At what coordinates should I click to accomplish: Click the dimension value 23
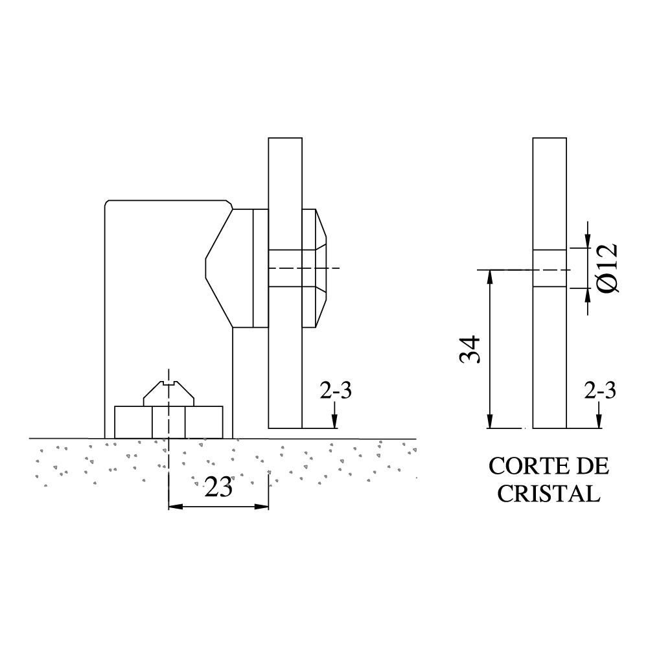218,488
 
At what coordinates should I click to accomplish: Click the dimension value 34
470,350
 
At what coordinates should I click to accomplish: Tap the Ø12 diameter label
608,268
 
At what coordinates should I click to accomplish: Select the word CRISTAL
548,493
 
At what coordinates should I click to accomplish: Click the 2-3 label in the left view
336,391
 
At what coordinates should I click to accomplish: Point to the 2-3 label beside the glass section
600,391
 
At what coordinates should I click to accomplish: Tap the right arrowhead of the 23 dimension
262,506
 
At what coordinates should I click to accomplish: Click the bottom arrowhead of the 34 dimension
490,421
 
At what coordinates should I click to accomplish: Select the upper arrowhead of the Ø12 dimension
588,241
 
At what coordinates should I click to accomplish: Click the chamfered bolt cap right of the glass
314,268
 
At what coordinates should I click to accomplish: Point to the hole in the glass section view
550,268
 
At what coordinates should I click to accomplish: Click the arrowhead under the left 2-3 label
335,421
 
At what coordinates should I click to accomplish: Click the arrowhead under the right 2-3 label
599,421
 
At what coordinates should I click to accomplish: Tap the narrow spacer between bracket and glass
260,268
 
